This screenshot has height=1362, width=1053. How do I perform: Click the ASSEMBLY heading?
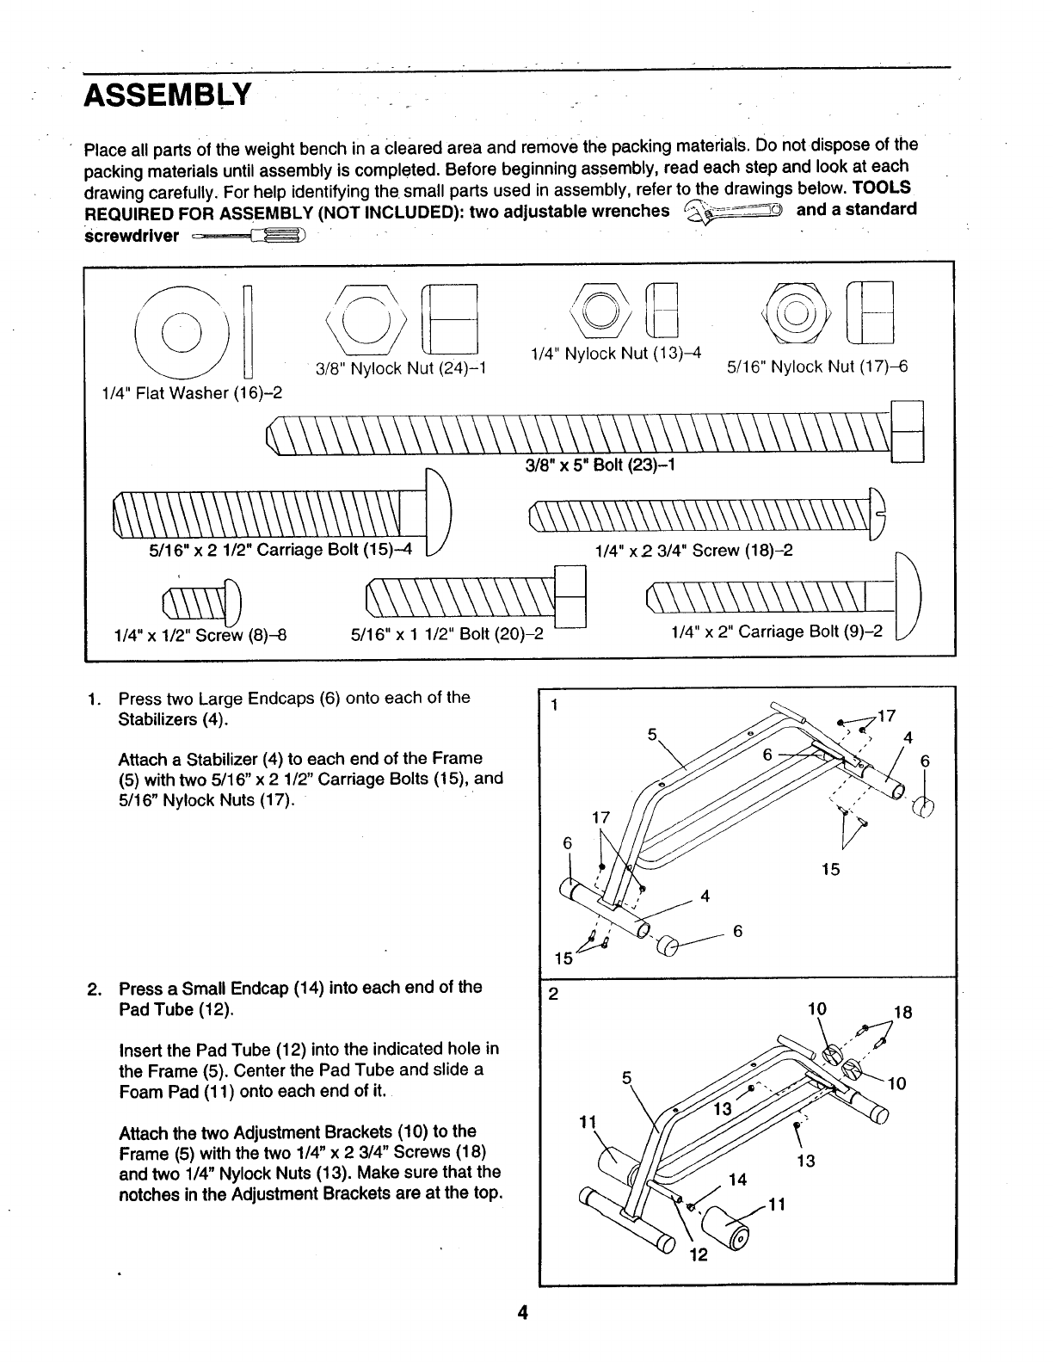click(x=167, y=94)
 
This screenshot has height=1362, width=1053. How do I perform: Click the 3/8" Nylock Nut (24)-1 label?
click(x=401, y=368)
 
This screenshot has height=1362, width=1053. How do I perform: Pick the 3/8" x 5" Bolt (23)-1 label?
click(x=600, y=465)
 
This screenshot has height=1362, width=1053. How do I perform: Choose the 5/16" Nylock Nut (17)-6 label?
click(x=817, y=367)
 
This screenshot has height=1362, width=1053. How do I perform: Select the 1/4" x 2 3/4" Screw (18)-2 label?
click(x=693, y=549)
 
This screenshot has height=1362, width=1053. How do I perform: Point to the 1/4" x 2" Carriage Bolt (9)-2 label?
click(x=776, y=632)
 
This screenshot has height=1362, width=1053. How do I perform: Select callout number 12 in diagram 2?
click(x=698, y=1254)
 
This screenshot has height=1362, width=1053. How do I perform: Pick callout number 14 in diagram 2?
click(x=736, y=1179)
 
